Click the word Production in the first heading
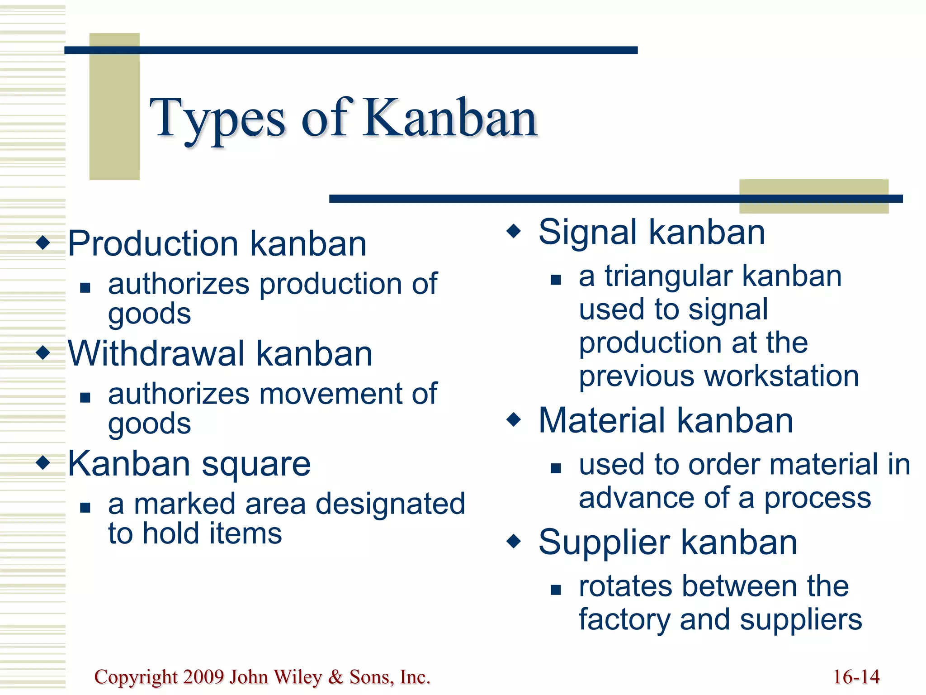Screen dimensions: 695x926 [x=152, y=244]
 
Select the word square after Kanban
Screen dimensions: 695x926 [x=256, y=465]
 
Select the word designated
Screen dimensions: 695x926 [x=390, y=504]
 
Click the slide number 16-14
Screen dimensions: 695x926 [x=856, y=677]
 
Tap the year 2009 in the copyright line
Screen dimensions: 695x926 [x=204, y=677]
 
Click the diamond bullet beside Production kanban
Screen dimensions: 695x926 [x=43, y=243]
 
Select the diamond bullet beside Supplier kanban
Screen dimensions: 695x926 [x=514, y=541]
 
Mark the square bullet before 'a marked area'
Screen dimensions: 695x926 [x=85, y=507]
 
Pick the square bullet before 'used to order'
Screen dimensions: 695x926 [x=556, y=468]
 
